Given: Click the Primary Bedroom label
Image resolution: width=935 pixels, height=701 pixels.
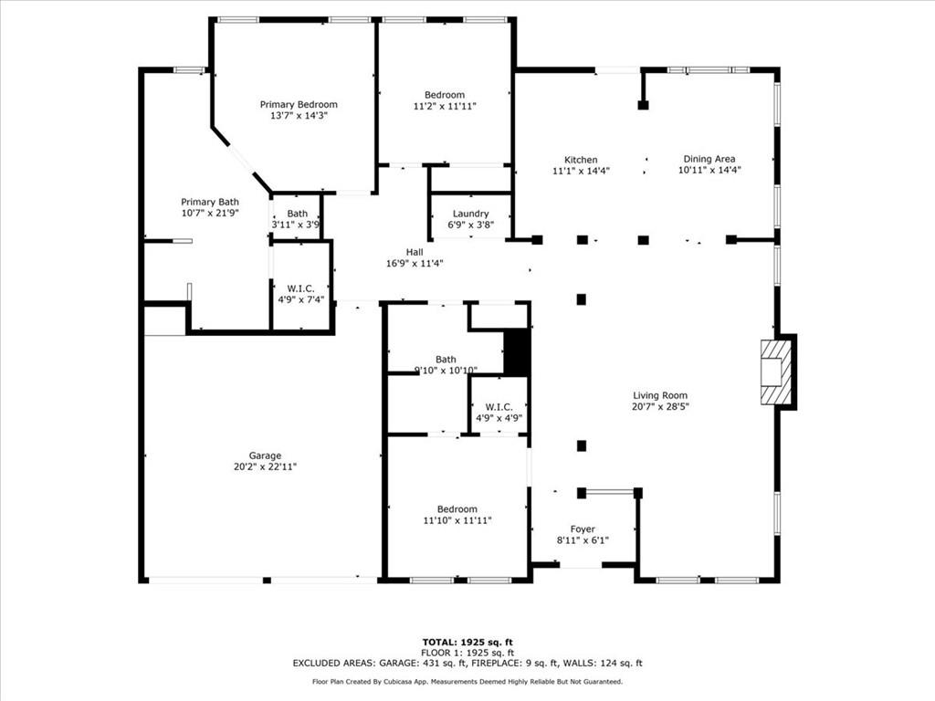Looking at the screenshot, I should click(x=299, y=105).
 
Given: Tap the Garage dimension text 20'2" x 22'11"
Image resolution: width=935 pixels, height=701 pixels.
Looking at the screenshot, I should click(x=266, y=466).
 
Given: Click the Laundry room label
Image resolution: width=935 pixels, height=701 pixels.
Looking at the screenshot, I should click(x=470, y=214).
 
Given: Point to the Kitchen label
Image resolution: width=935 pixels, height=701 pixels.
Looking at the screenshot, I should click(x=581, y=160).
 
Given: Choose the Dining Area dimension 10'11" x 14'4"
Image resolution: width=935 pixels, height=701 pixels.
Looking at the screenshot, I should click(x=709, y=170).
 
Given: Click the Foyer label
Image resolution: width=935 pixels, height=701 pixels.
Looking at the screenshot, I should click(x=583, y=529).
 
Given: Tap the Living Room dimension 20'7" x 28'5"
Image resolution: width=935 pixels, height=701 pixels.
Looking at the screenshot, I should click(x=660, y=406).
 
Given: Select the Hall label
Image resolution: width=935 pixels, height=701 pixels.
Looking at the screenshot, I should click(x=415, y=253).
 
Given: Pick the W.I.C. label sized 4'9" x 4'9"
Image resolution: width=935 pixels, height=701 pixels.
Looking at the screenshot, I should click(x=499, y=407).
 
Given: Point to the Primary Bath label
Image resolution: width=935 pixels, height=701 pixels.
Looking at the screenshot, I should click(x=210, y=202).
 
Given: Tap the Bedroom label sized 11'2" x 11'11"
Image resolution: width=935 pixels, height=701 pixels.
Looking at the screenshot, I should click(x=445, y=95).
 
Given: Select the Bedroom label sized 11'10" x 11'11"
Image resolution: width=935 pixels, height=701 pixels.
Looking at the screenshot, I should click(x=457, y=509).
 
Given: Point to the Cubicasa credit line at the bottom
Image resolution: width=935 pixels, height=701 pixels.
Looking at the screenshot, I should click(x=467, y=682).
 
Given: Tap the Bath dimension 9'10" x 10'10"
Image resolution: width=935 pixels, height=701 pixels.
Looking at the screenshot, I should click(x=446, y=370).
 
